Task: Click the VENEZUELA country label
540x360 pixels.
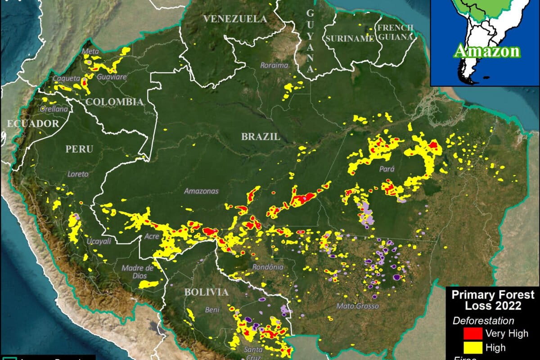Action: coord(235,19)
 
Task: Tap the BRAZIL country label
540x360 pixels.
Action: coord(261,137)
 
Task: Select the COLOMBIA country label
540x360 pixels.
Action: coord(114,102)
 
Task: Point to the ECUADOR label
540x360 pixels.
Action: coord(33,123)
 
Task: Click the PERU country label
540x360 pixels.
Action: coord(79,149)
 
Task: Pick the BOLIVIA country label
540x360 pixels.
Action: coord(206,292)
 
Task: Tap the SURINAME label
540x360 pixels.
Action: coord(350,39)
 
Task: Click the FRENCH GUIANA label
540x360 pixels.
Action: coord(396,32)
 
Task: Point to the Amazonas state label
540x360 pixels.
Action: coord(201,191)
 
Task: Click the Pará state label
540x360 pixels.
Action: coord(387,169)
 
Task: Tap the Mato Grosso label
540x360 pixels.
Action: coord(358,306)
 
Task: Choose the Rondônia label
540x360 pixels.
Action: coord(268,267)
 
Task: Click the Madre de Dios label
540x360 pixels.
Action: coord(138,272)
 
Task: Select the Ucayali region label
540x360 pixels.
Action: coord(98,241)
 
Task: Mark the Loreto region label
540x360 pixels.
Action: coord(78,174)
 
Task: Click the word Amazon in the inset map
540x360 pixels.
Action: coord(486,51)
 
